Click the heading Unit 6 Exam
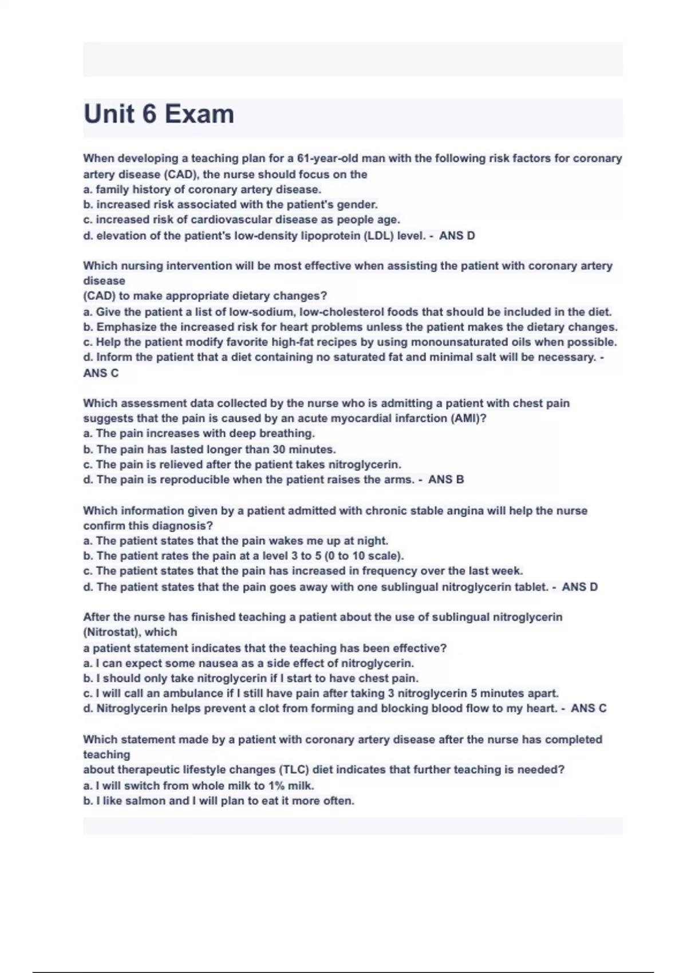(x=159, y=114)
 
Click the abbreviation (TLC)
(x=294, y=770)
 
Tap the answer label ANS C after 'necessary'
(x=101, y=373)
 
